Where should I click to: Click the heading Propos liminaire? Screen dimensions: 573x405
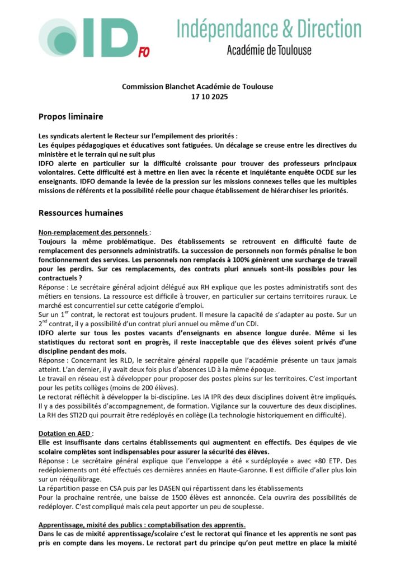point(70,116)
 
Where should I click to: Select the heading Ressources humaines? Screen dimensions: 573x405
point(81,213)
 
